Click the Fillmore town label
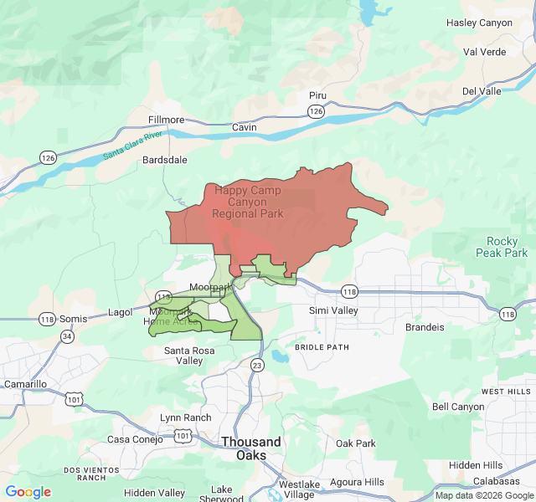166,120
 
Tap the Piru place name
317,96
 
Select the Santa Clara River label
131,146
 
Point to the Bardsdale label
165,159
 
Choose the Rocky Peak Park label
502,247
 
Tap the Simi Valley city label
333,310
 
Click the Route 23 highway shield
257,365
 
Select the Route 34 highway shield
66,336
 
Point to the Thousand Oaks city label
251,448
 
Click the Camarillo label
26,384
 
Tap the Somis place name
73,319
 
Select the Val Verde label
485,51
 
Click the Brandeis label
425,327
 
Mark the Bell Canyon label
458,407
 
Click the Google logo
28,492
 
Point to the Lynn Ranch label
185,417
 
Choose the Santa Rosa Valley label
183,356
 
